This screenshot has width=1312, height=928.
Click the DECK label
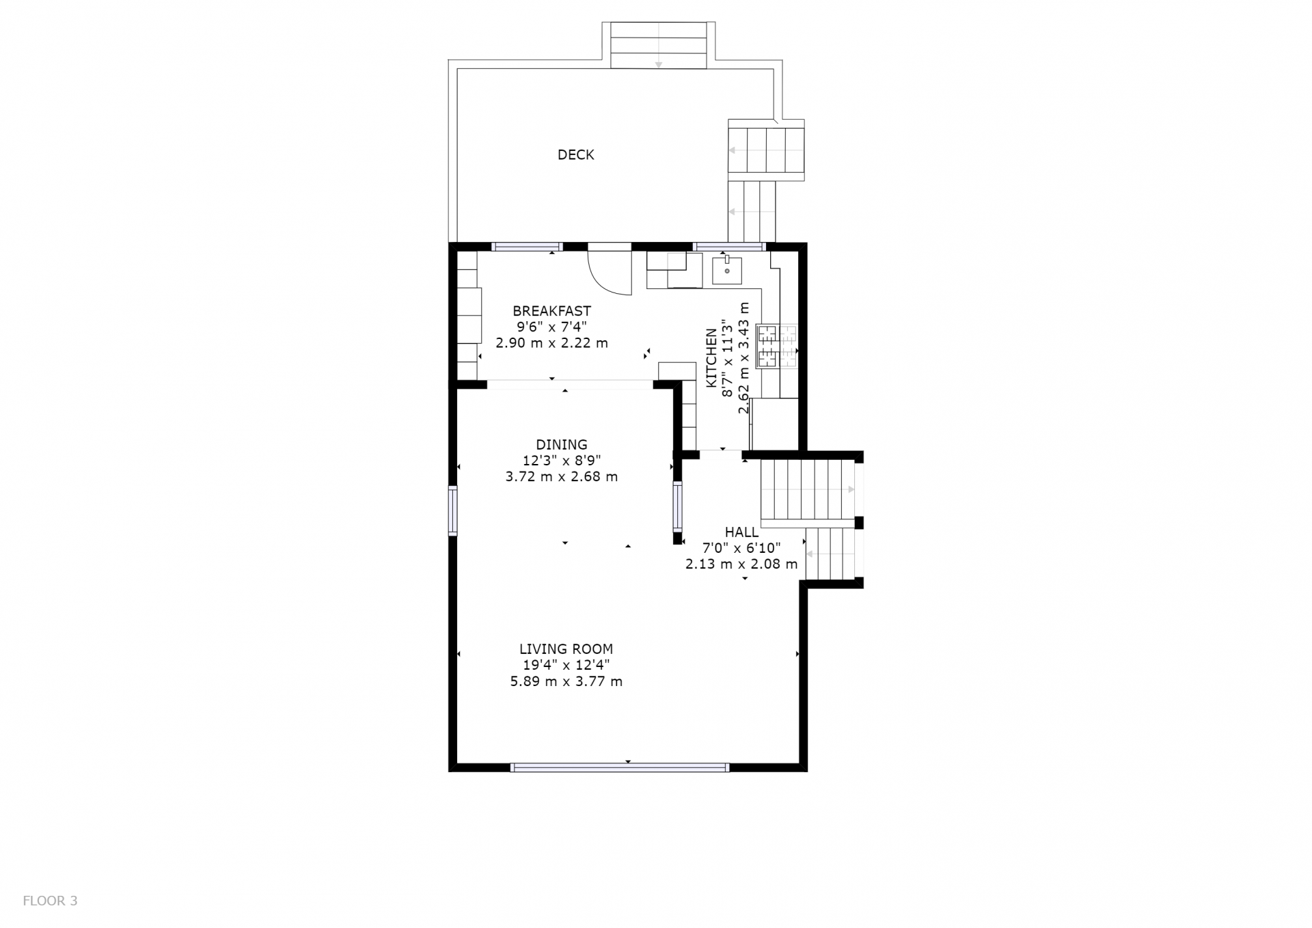click(575, 154)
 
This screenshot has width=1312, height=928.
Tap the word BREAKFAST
click(551, 311)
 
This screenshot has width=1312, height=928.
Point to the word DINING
click(561, 444)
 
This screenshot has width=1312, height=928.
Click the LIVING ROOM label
click(566, 649)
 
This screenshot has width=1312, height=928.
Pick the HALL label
click(741, 532)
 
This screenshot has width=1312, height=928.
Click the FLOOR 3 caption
click(50, 901)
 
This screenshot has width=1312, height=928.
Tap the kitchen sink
click(726, 271)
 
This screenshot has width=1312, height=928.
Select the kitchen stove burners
click(777, 346)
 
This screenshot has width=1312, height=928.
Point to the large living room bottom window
click(620, 767)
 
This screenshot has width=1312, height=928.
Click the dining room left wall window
click(452, 510)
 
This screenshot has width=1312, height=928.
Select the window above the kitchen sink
click(729, 247)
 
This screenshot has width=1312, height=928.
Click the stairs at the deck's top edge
click(658, 44)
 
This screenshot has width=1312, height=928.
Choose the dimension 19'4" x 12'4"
click(566, 665)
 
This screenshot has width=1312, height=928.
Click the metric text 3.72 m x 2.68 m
click(561, 477)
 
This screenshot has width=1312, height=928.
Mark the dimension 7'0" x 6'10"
click(741, 547)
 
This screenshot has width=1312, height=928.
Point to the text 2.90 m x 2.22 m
click(551, 343)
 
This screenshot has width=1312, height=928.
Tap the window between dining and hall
click(677, 506)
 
